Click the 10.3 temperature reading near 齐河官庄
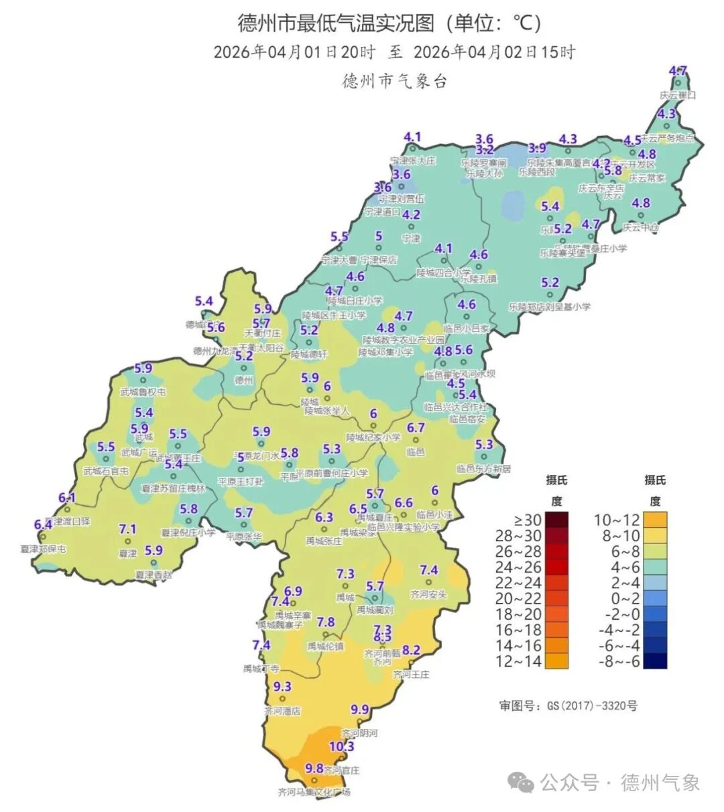pos(341,746)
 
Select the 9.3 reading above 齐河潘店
pos(283,687)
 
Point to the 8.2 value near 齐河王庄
pos(410,651)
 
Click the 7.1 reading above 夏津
pos(127,529)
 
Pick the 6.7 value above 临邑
pos(416,428)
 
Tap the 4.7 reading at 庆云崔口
pos(678,71)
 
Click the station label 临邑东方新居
pos(483,469)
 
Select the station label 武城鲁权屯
pos(143,392)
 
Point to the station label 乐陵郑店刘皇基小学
pos(550,307)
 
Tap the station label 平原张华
pos(243,537)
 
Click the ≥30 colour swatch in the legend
pos(556,520)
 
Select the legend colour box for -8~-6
pos(655,661)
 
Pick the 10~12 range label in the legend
pos(617,520)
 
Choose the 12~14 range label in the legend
pos(518,662)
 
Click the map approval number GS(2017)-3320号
pos(568,705)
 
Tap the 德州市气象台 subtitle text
pos(394,81)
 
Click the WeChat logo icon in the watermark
pos(521,782)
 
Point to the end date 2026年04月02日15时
pos(494,52)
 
